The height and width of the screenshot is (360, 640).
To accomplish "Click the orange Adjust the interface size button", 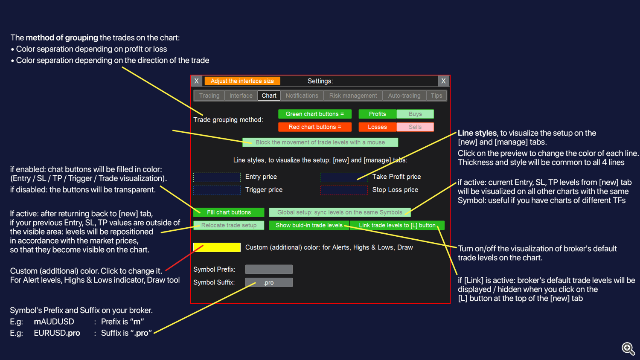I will pos(242,81).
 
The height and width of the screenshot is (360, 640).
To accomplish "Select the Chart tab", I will pos(269,96).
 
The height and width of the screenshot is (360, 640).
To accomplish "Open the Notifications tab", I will pos(302,96).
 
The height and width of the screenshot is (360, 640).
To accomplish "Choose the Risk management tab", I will pos(353,96).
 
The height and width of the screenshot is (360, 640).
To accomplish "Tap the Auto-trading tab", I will pos(404,96).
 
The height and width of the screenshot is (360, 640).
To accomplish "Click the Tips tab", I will pos(436,96).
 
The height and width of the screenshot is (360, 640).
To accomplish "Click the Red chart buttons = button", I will pos(314,127).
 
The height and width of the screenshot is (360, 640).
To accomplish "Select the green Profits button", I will pos(377,114).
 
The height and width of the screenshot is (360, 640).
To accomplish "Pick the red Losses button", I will pos(377,127).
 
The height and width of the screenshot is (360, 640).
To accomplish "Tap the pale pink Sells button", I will pos(415,127).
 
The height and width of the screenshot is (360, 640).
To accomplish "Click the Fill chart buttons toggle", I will pos(229,212).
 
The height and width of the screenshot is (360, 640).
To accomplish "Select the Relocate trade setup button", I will pos(229,225).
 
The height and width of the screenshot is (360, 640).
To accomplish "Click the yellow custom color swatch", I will pos(217,247).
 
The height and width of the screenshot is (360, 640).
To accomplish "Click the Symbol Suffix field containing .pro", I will pos(269,282).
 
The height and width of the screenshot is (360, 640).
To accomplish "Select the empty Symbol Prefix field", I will pos(269,269).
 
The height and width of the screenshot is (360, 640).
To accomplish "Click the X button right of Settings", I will pos(443,81).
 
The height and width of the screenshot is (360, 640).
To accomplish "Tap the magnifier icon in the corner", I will pos(628,348).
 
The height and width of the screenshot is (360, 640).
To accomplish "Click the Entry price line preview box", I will pos(217,177).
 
